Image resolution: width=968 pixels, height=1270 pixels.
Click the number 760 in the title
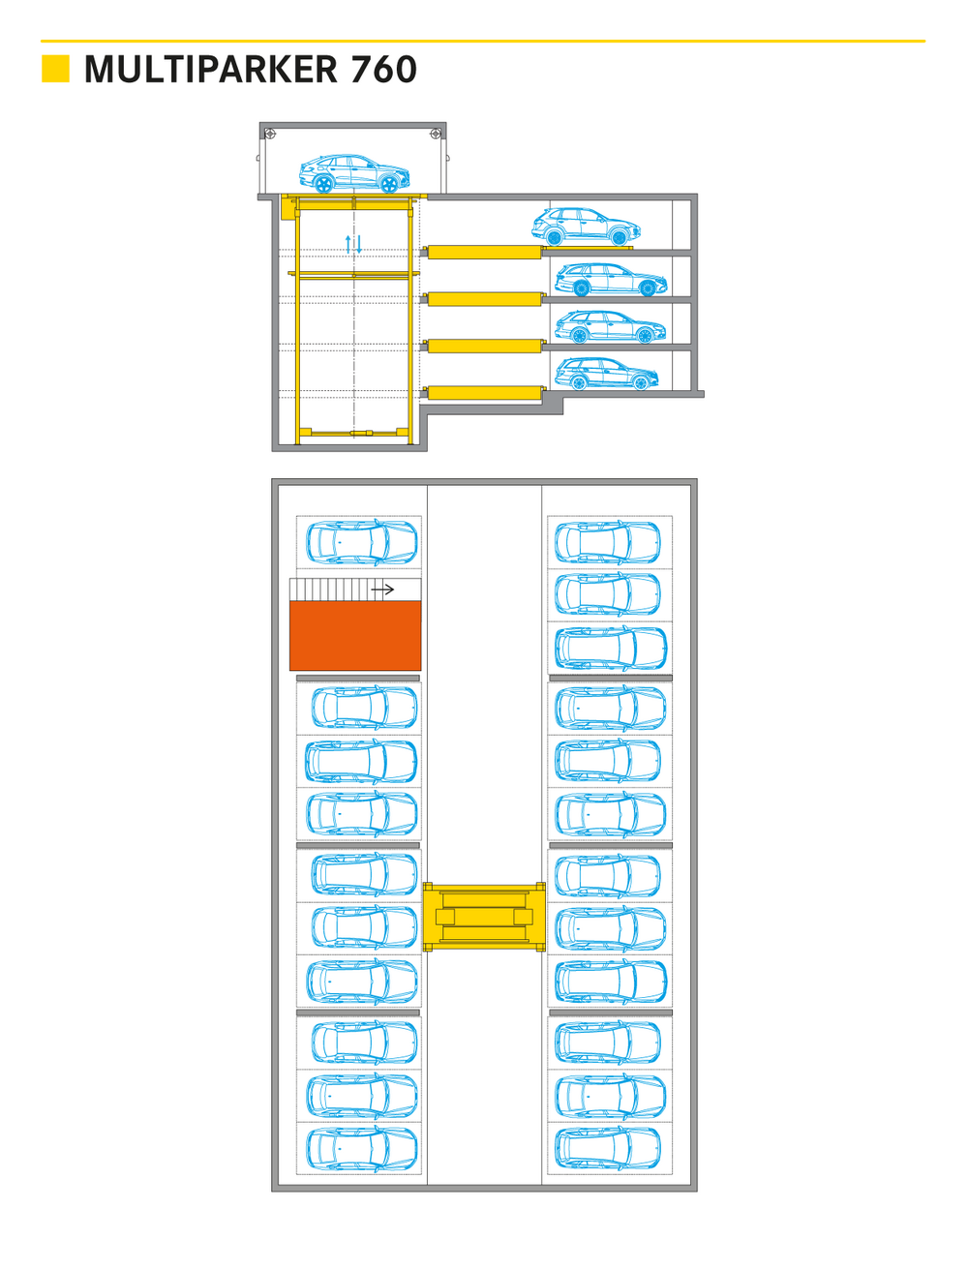click(383, 70)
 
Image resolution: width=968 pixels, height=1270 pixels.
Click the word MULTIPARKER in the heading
click(211, 70)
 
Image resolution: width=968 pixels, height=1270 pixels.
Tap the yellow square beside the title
click(55, 69)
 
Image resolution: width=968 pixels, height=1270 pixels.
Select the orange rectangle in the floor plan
click(355, 635)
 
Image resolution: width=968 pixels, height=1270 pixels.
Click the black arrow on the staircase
click(383, 590)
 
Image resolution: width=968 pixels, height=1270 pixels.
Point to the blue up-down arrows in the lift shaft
click(354, 244)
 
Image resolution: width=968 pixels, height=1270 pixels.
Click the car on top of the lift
click(354, 174)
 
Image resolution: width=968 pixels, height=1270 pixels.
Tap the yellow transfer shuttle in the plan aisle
click(484, 917)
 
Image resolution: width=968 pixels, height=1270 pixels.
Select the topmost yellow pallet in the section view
click(484, 252)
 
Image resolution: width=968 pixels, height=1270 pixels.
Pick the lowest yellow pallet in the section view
click(484, 392)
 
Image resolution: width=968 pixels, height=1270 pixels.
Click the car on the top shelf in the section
click(587, 227)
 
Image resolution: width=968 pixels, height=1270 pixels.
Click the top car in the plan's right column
click(608, 542)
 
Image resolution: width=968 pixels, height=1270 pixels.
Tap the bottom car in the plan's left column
click(362, 1149)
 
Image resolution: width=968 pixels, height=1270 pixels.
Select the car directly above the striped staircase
click(362, 543)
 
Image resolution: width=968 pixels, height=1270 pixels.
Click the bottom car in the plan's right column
click(608, 1149)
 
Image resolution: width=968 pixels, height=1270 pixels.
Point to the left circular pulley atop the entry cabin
click(270, 134)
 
